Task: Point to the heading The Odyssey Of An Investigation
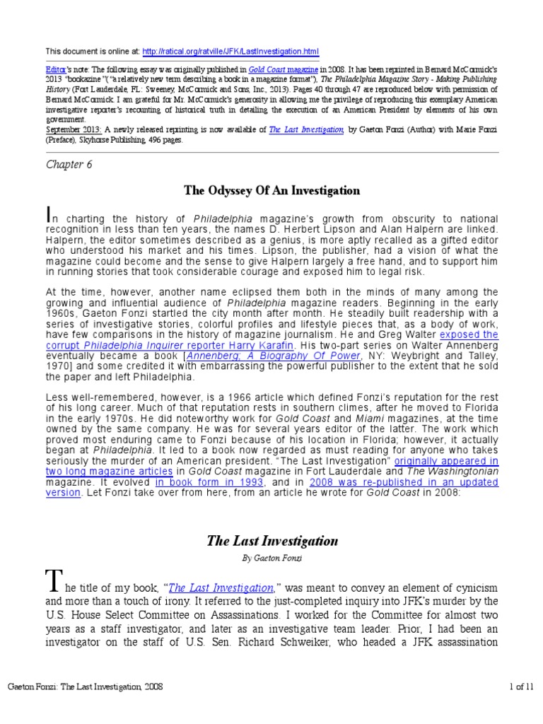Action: [271, 190]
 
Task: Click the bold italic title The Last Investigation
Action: [271, 541]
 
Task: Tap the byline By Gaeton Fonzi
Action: [271, 559]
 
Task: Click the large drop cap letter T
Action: [55, 584]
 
